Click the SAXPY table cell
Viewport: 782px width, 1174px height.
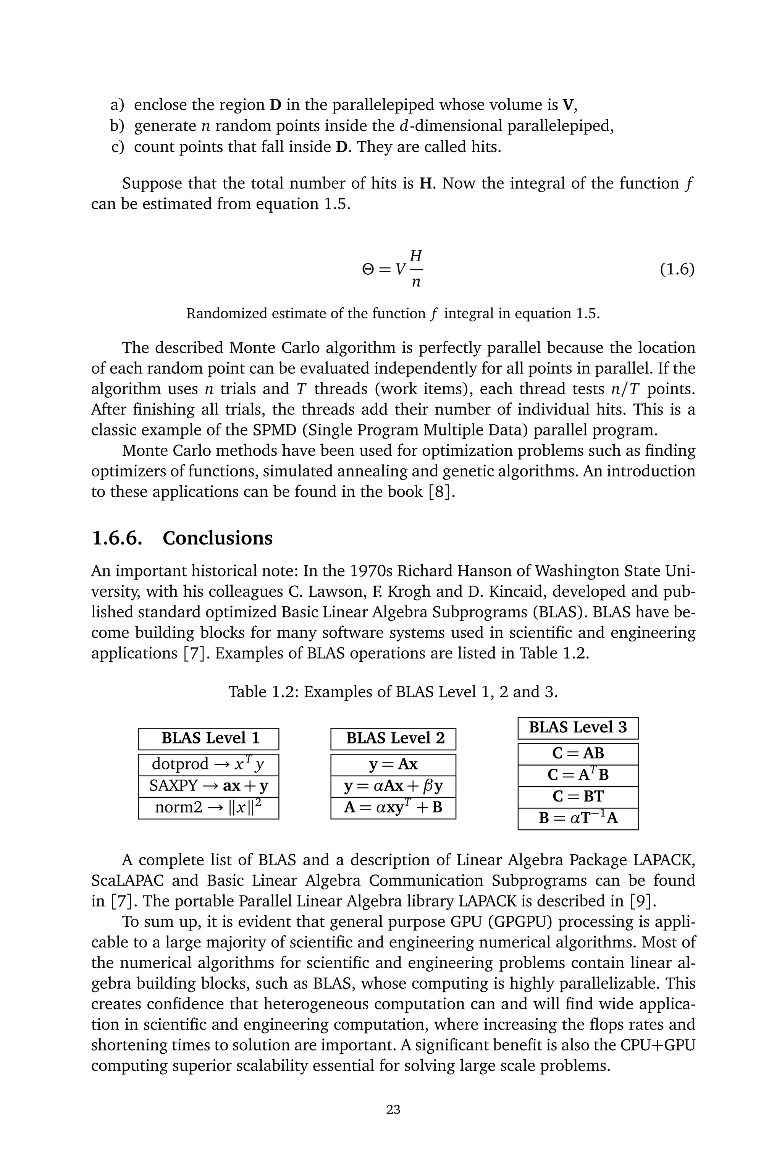click(208, 786)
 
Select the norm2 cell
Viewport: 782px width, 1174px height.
click(208, 807)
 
